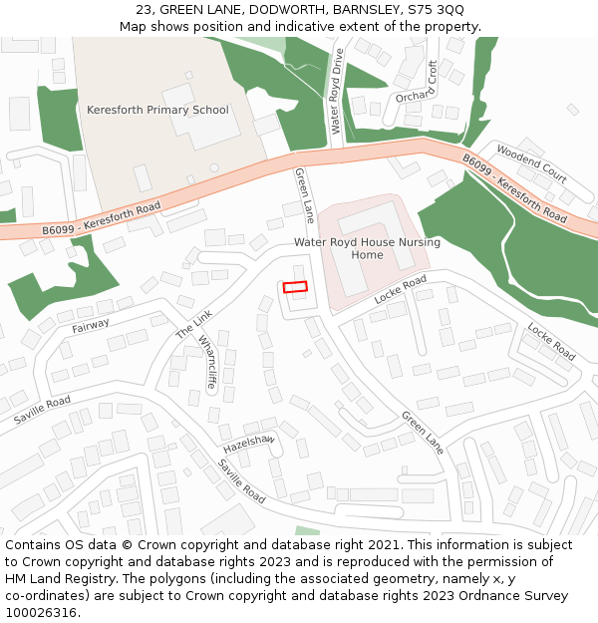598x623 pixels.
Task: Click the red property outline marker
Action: coord(295,287)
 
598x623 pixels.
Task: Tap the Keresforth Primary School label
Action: coord(157,110)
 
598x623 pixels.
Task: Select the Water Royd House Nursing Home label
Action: coord(367,248)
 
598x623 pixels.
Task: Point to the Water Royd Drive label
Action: coord(337,92)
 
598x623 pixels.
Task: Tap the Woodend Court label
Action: coord(531,164)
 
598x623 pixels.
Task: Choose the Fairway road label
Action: coord(91,325)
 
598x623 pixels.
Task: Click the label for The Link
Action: coord(194,323)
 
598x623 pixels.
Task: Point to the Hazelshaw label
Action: coord(248,442)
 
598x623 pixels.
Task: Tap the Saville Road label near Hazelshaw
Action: coord(242,481)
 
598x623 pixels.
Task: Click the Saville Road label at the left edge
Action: coord(42,409)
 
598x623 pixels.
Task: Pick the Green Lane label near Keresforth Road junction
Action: coord(304,194)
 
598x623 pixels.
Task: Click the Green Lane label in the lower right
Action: coord(422,432)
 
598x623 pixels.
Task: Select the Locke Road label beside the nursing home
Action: coord(400,290)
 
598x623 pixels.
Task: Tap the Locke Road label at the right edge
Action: coord(551,342)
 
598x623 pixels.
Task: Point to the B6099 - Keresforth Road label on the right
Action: coord(514,187)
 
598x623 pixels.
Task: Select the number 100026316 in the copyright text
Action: coord(43,613)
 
